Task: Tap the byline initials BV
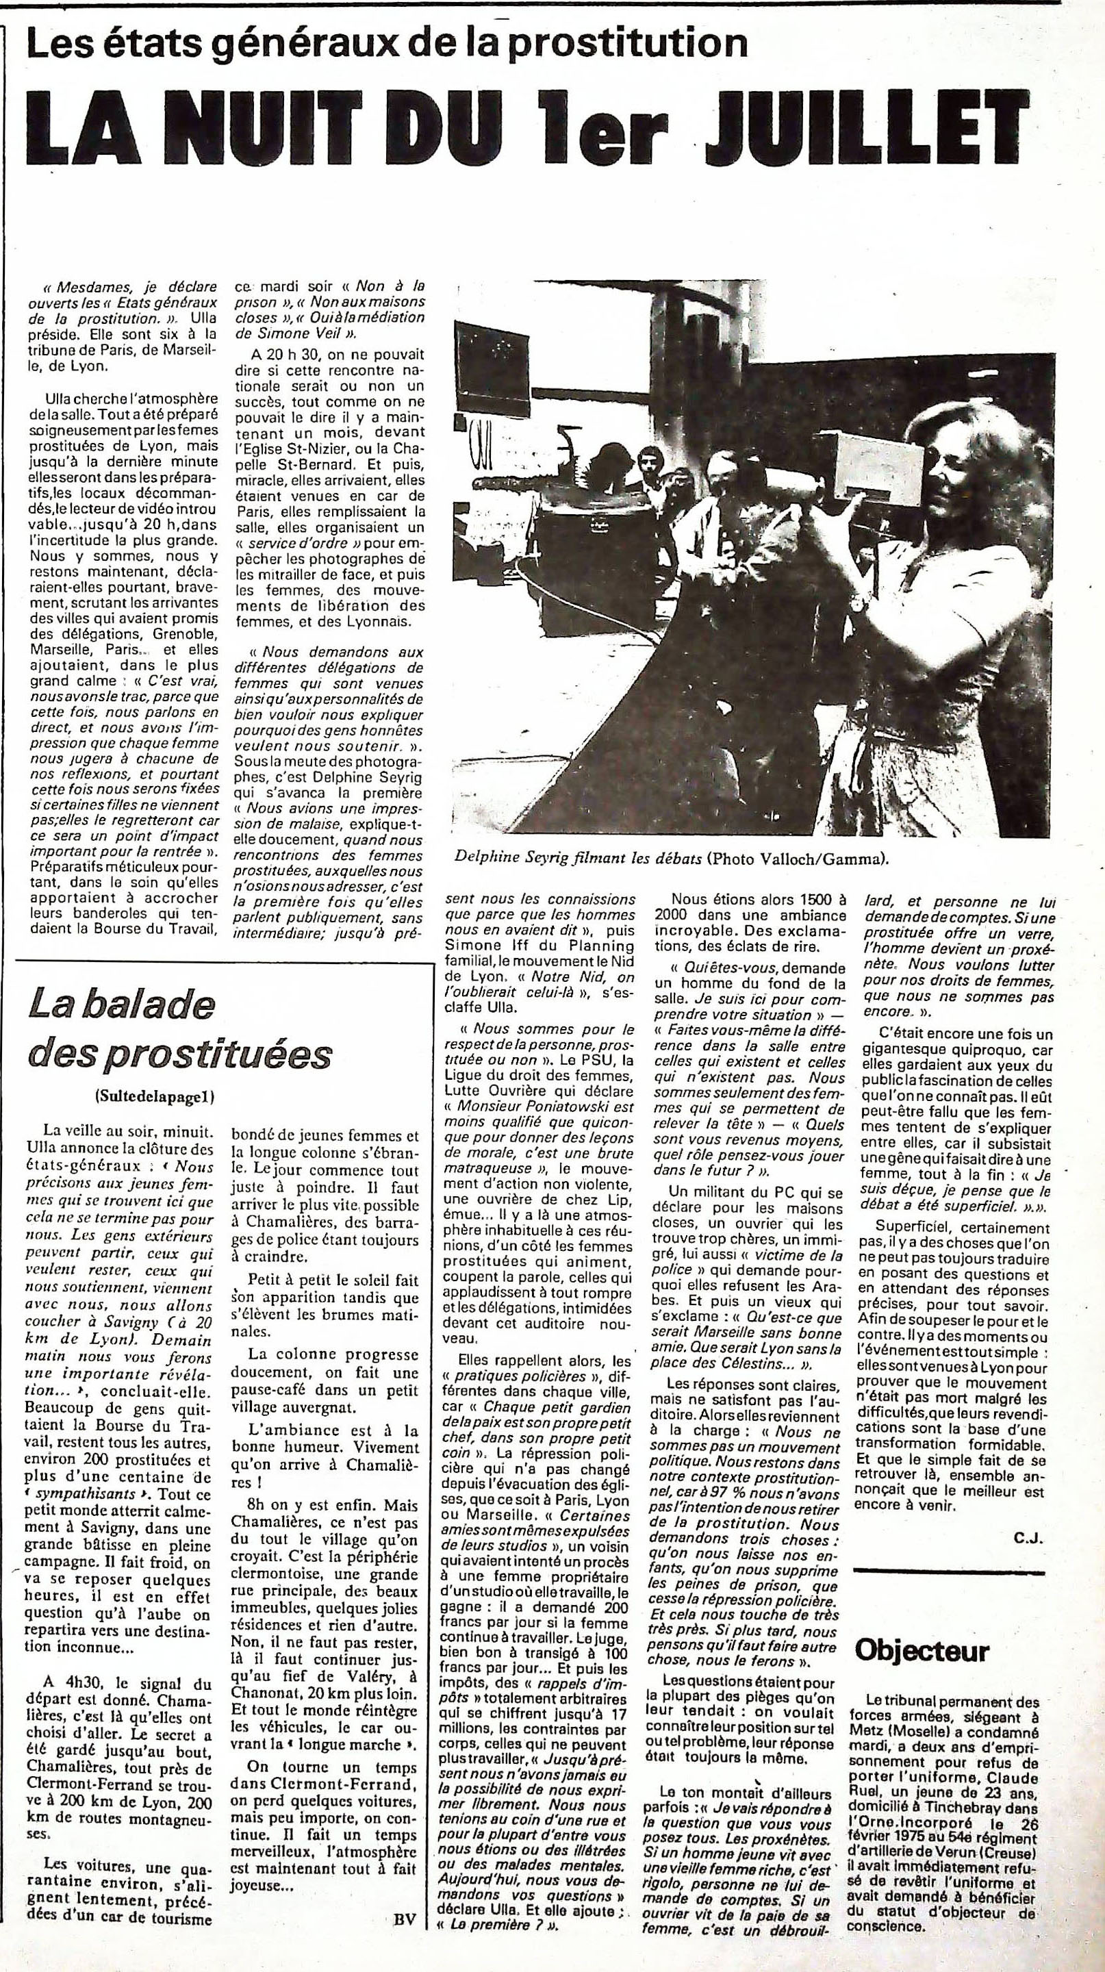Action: coord(405,1937)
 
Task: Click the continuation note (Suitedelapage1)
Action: coord(155,1096)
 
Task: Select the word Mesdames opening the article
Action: coord(92,288)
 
